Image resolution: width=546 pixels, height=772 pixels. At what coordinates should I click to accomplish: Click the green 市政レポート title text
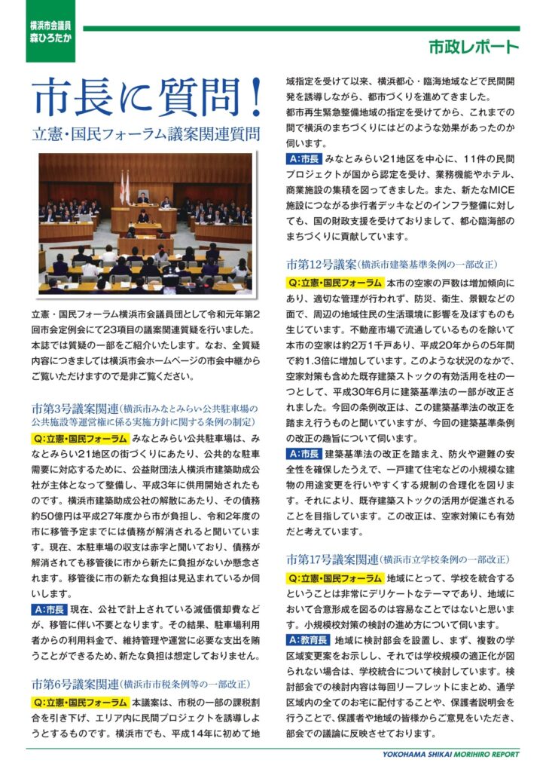click(473, 47)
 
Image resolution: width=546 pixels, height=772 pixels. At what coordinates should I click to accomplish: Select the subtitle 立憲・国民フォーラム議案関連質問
click(147, 135)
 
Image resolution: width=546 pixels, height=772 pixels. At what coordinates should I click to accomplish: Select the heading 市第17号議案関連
click(332, 559)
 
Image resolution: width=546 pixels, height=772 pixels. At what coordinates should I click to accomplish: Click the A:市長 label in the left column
click(49, 609)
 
